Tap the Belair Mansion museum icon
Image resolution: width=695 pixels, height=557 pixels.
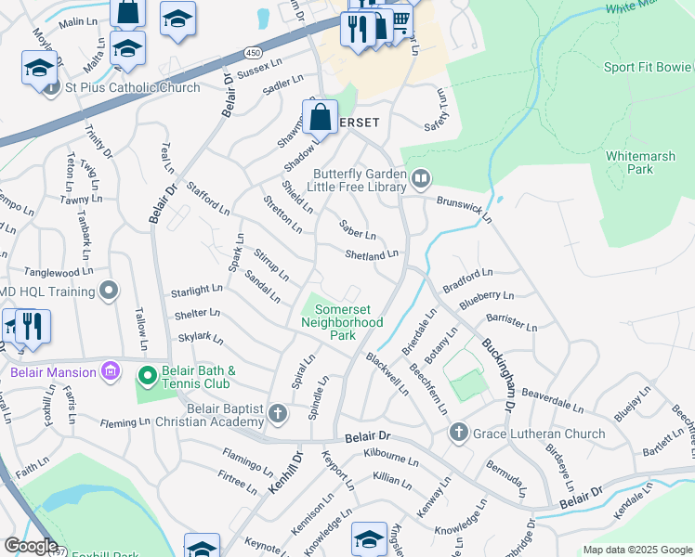click(111, 372)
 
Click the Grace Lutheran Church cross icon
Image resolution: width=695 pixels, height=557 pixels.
click(458, 434)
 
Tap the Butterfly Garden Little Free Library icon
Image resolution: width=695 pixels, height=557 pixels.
click(420, 176)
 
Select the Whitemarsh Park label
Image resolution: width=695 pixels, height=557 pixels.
click(641, 163)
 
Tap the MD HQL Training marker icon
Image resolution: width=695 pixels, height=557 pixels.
click(109, 291)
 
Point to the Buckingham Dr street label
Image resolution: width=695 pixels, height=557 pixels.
click(498, 374)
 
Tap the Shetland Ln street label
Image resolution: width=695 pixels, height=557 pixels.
click(371, 253)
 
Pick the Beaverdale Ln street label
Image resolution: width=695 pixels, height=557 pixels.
click(552, 401)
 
